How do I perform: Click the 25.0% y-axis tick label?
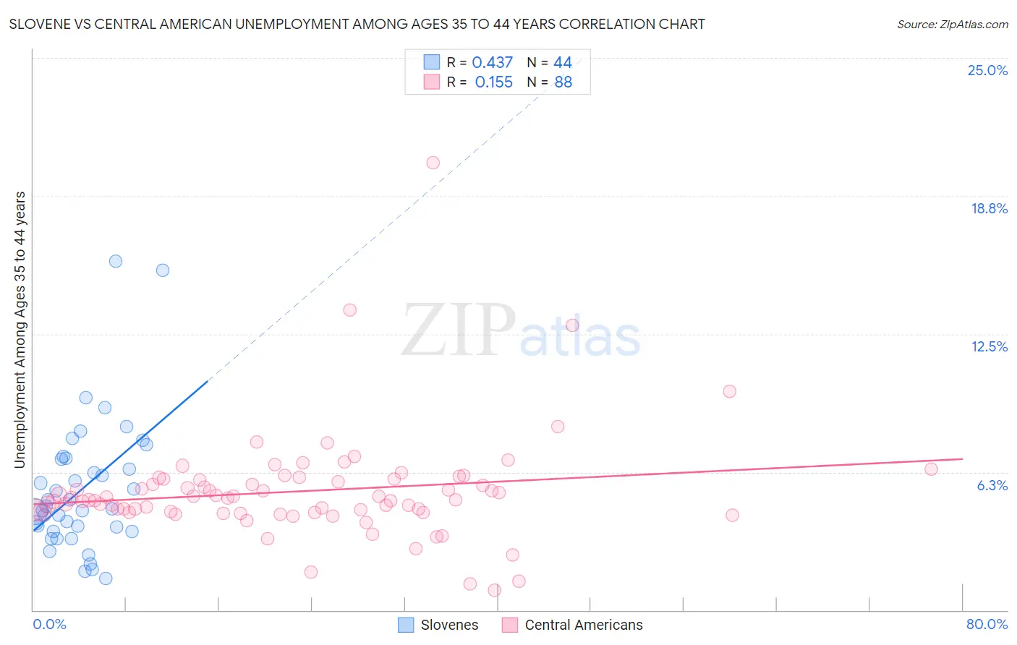point(987,70)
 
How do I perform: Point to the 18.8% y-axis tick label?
point(989,208)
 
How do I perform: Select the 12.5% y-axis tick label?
point(989,346)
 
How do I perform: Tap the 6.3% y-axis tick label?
point(992,485)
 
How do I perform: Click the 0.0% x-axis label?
point(49,624)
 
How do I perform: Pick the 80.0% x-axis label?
point(987,624)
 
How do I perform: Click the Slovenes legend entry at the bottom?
point(438,625)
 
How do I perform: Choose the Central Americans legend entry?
point(573,625)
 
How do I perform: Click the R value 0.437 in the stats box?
point(492,63)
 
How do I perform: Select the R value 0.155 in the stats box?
point(493,82)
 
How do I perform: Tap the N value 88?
point(563,82)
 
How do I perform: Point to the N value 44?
point(562,63)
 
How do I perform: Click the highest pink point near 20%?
point(433,163)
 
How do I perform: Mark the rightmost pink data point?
point(931,469)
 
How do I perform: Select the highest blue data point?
point(116,261)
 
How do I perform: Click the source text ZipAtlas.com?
point(952,25)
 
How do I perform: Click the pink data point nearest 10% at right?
point(729,391)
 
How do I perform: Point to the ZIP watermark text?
point(458,330)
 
